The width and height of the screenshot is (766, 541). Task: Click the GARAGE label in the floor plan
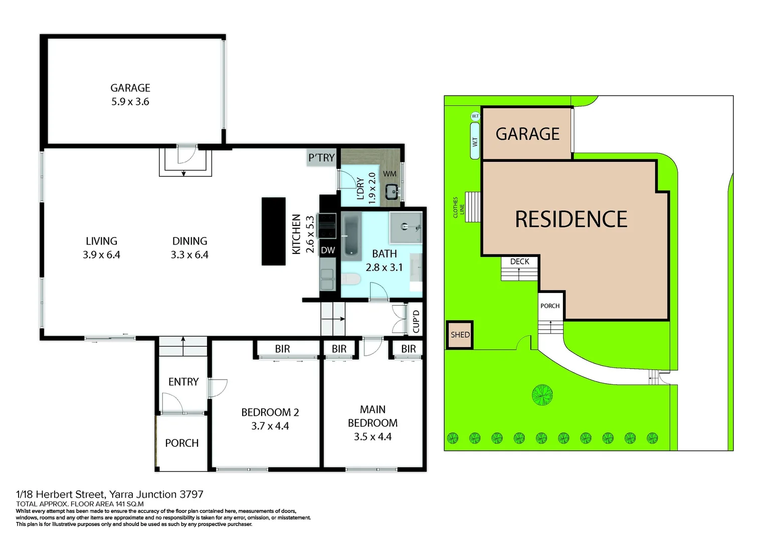pyautogui.click(x=130, y=88)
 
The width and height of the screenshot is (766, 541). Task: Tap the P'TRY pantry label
pyautogui.click(x=321, y=158)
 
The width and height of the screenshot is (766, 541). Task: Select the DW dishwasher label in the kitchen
pyautogui.click(x=328, y=250)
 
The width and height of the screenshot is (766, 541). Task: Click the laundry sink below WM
pyautogui.click(x=392, y=191)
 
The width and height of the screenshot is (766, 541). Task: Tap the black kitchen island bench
pyautogui.click(x=273, y=231)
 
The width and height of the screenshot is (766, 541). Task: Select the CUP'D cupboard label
pyautogui.click(x=416, y=321)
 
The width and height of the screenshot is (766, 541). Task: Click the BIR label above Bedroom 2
pyautogui.click(x=282, y=349)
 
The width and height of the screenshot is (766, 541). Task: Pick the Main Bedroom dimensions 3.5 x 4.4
pyautogui.click(x=372, y=436)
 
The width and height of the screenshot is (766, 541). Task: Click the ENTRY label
pyautogui.click(x=183, y=382)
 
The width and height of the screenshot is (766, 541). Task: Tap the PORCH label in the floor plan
pyautogui.click(x=182, y=443)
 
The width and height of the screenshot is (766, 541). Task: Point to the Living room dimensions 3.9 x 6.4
pyautogui.click(x=101, y=254)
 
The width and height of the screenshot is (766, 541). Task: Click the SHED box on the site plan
pyautogui.click(x=459, y=335)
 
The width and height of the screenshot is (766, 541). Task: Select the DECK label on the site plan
pyautogui.click(x=519, y=261)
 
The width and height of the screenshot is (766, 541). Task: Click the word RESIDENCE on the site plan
pyautogui.click(x=571, y=219)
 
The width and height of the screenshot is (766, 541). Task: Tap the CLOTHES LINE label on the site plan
pyautogui.click(x=458, y=207)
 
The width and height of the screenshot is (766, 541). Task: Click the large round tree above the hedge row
pyautogui.click(x=542, y=395)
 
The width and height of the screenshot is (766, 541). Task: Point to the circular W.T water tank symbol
pyautogui.click(x=475, y=116)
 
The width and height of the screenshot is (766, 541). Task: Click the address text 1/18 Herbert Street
pyautogui.click(x=110, y=494)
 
